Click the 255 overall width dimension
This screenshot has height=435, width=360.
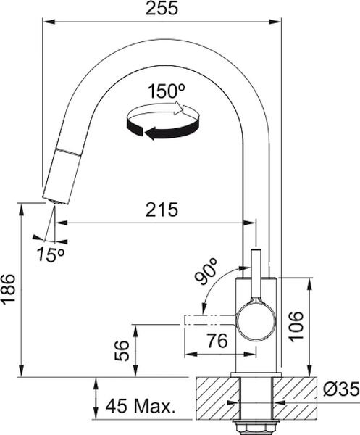[162, 8]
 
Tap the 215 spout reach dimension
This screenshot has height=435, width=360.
[162, 210]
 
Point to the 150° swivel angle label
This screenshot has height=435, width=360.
[167, 91]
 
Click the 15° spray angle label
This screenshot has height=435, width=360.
[51, 254]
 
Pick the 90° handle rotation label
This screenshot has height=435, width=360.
[206, 270]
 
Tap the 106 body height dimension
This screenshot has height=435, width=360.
[296, 326]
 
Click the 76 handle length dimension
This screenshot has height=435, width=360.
[217, 341]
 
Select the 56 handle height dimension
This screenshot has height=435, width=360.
[122, 351]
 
